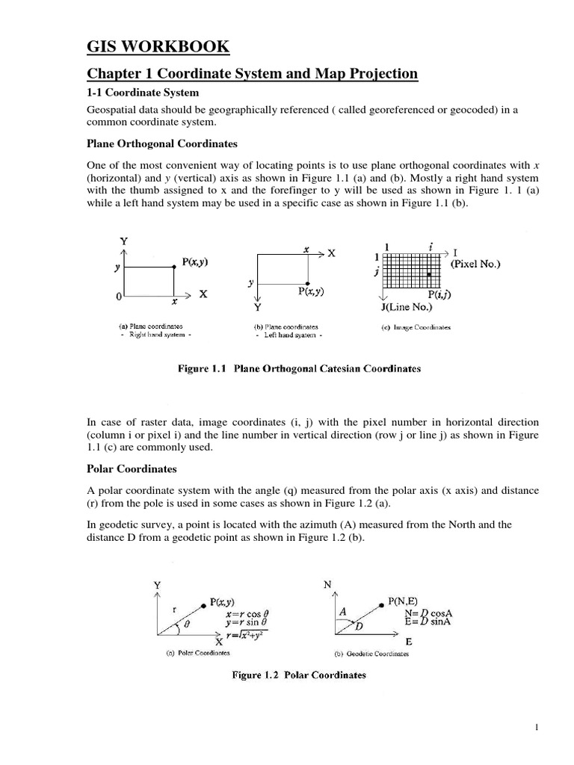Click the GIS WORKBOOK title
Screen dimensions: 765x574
[x=158, y=47]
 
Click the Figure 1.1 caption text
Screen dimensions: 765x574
[x=299, y=368]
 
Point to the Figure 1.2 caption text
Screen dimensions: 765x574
[x=299, y=675]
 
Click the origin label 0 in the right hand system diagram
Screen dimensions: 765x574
[x=118, y=297]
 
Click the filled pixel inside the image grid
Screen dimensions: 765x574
[x=429, y=276]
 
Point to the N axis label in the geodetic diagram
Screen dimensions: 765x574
[x=327, y=585]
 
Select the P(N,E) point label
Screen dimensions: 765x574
[x=407, y=600]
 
